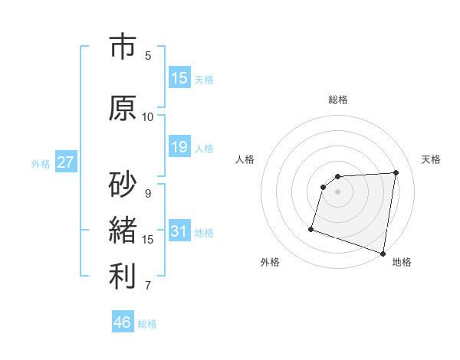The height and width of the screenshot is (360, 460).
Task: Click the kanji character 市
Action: (x=123, y=47)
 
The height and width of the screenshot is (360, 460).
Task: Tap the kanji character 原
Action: (x=123, y=107)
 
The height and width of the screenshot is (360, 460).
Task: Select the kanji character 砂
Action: (x=123, y=184)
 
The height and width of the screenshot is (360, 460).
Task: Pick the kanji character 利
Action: (x=123, y=277)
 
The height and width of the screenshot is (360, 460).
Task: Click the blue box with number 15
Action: (x=179, y=78)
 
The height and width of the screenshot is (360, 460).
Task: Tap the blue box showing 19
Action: (x=179, y=147)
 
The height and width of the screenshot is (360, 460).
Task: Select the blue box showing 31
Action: (x=179, y=231)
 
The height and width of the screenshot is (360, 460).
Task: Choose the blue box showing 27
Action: (x=66, y=162)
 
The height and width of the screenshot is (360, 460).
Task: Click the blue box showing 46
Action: (x=123, y=322)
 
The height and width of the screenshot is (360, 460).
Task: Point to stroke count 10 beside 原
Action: (x=148, y=117)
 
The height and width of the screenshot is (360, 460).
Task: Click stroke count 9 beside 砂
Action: (x=148, y=194)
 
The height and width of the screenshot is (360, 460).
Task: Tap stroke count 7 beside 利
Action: (x=148, y=286)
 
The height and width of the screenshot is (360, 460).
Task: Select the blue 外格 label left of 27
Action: (x=41, y=163)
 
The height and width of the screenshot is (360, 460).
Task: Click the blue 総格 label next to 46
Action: (x=147, y=324)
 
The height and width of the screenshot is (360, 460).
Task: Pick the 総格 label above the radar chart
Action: (x=338, y=100)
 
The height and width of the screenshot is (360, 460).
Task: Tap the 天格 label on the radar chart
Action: (x=432, y=159)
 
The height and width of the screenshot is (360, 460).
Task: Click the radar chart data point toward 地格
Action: (x=383, y=252)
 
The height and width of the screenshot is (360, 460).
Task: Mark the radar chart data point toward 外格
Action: (x=311, y=228)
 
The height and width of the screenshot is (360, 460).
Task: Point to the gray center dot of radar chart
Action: (x=337, y=191)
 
